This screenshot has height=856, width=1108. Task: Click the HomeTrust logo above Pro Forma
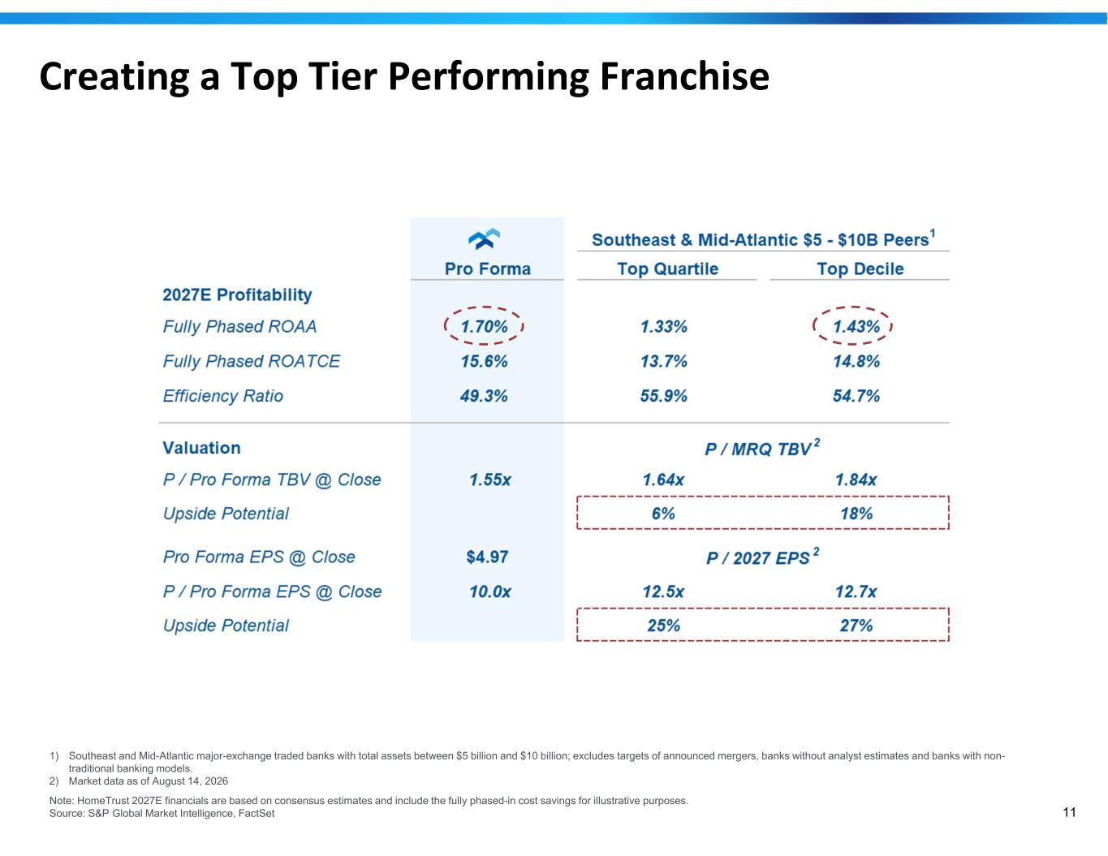(484, 239)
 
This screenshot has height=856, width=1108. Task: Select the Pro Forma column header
(488, 269)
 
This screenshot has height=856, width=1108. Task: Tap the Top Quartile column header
(667, 269)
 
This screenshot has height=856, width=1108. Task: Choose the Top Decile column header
(860, 269)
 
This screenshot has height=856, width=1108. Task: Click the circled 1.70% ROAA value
(484, 326)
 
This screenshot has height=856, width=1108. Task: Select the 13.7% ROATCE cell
(663, 361)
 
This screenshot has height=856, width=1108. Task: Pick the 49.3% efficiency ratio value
(483, 396)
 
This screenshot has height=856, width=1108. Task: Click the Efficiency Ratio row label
(223, 396)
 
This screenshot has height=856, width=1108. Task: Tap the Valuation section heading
(201, 448)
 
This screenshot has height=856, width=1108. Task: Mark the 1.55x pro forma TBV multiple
(490, 480)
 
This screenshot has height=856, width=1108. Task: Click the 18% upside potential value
(856, 513)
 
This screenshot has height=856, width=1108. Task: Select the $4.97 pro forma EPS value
(487, 557)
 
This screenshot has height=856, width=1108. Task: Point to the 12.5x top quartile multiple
(663, 591)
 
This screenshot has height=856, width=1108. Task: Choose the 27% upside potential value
(856, 626)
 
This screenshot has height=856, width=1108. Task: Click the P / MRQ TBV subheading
(762, 447)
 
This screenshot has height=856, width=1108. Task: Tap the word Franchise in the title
(684, 76)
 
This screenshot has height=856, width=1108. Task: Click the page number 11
(1069, 812)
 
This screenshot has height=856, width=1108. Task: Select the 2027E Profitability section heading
(237, 295)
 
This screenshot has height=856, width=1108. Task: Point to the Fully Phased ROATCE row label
(252, 361)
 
